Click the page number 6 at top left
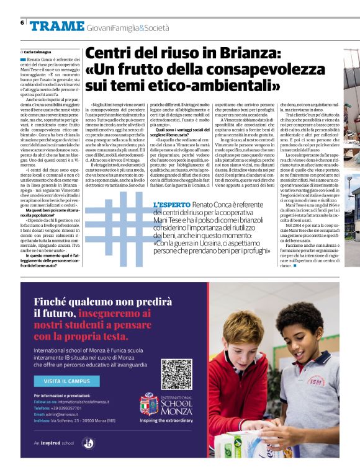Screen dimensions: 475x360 pos(22,23)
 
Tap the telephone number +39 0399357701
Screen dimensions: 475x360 pos(65,409)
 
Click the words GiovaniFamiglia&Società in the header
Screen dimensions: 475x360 pos(128,27)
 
